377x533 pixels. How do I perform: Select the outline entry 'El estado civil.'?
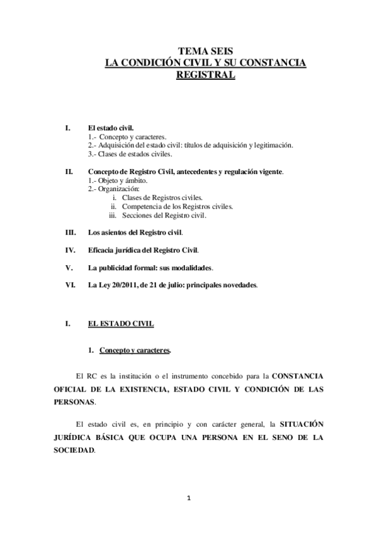(111, 127)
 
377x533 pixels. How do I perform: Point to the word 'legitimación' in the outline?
(272, 145)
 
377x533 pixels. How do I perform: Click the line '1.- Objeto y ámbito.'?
(118, 180)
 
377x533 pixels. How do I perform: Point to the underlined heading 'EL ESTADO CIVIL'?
(117, 324)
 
